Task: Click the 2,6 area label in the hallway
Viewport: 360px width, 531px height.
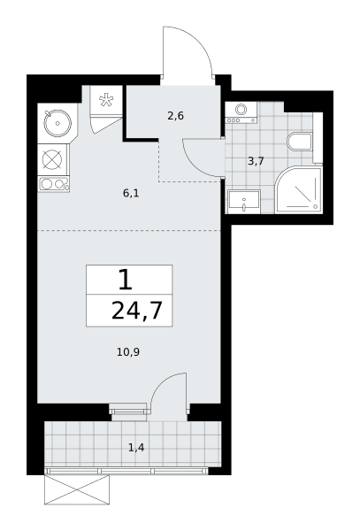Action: tap(176, 116)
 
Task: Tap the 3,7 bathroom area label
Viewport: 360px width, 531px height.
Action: tap(256, 161)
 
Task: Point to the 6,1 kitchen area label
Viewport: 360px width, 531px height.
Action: tap(131, 194)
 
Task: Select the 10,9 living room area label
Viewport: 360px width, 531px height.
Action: tap(128, 352)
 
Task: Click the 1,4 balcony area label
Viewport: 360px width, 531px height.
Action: tap(136, 448)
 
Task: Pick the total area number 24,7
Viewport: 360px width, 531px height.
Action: tap(137, 311)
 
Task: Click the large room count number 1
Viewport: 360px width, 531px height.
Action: tap(126, 280)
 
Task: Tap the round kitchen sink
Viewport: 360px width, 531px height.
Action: tap(57, 123)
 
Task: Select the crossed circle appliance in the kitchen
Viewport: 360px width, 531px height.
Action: tap(53, 159)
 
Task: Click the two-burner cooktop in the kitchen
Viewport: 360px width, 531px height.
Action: tap(53, 184)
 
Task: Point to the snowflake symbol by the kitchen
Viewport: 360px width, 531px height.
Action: tap(106, 101)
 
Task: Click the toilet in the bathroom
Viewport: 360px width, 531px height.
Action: tap(300, 142)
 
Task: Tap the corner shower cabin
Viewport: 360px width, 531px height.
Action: tap(298, 189)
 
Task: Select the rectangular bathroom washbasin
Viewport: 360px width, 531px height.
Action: tap(244, 202)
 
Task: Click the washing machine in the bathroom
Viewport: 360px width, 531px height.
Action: tap(241, 112)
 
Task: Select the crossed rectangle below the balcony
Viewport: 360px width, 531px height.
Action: tap(77, 489)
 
